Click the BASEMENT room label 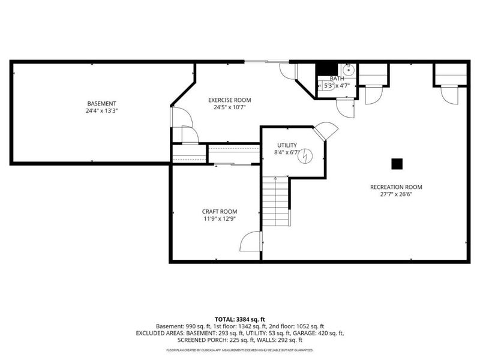[x=101, y=103]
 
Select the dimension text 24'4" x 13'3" [x=101, y=111]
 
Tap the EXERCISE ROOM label [x=229, y=100]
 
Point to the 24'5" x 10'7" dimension [x=229, y=107]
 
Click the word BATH [x=337, y=79]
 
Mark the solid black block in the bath [x=325, y=68]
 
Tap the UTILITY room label [x=286, y=145]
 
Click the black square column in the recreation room [x=396, y=163]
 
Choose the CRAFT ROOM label [x=219, y=211]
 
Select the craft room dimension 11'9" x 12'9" [x=219, y=219]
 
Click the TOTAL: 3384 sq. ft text [x=240, y=319]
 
